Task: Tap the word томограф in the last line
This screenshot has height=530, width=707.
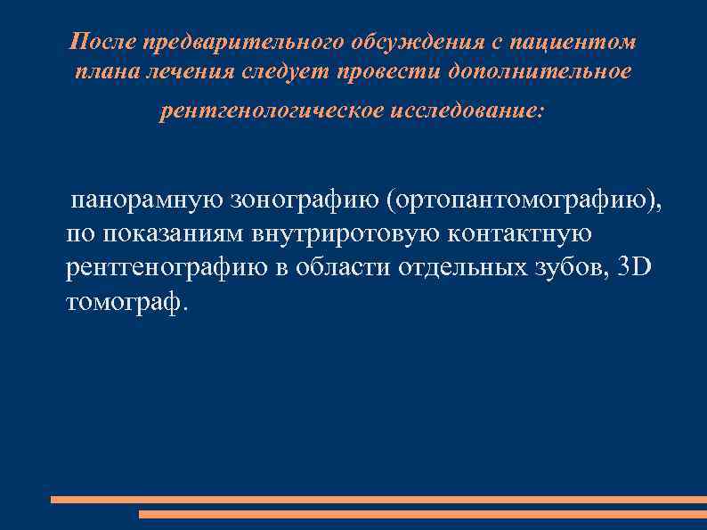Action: pos(126,303)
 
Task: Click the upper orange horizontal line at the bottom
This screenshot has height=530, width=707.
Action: pos(378,500)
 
